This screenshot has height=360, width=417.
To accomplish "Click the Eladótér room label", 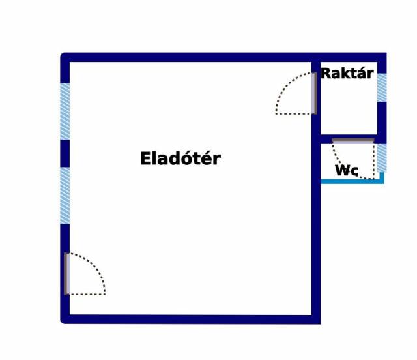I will tap(180, 158).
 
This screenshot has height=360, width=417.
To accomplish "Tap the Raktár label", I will tap(347, 73).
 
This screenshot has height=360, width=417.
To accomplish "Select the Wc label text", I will tap(347, 170).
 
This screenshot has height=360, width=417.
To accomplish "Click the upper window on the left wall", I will tap(65, 111).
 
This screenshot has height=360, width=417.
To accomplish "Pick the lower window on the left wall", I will tap(65, 196).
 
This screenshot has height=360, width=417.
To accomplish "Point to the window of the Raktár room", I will tap(382, 88).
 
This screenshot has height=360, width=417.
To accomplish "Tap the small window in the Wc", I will tap(382, 158).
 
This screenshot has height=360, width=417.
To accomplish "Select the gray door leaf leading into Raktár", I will tap(314, 93).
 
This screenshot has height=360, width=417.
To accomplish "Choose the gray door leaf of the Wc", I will tap(352, 140).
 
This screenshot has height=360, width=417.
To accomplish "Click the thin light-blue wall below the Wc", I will tap(352, 181).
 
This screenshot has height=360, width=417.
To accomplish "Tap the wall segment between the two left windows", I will tap(65, 153).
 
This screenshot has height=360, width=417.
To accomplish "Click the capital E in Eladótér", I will tap(145, 158).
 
